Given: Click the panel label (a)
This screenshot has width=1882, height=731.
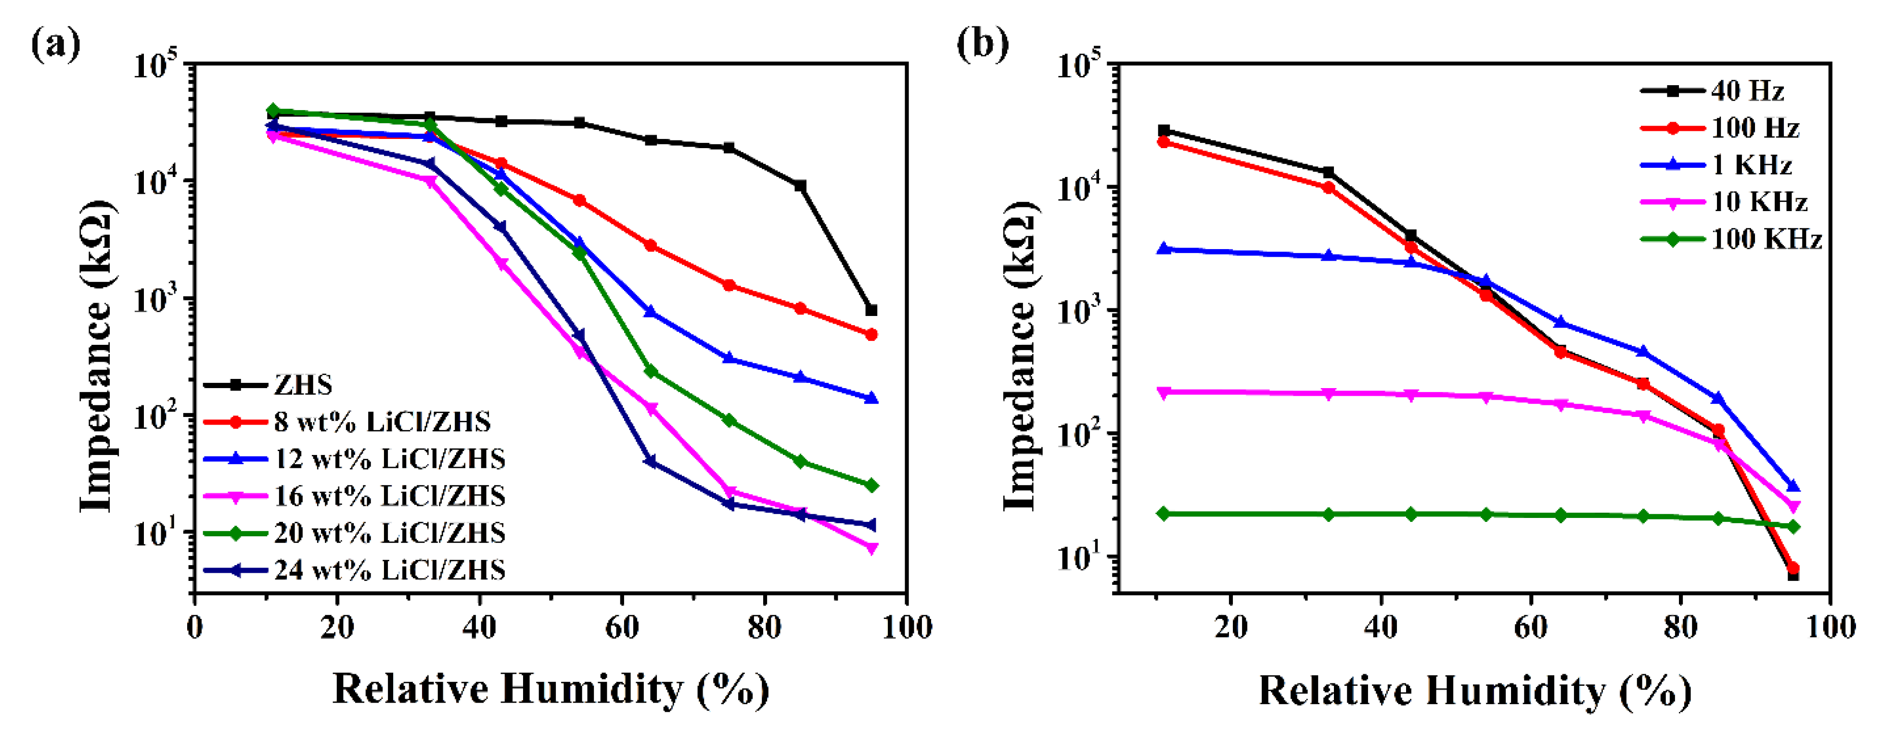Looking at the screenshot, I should click(55, 45).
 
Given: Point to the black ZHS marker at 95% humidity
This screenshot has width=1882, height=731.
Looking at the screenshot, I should click(871, 310).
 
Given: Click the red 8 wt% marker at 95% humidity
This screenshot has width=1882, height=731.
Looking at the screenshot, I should click(871, 334).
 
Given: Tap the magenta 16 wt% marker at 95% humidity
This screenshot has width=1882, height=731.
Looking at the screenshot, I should click(871, 548).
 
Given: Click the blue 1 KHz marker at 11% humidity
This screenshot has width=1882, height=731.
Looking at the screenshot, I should click(1164, 249).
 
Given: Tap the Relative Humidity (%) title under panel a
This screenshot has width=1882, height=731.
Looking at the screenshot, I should click(551, 689).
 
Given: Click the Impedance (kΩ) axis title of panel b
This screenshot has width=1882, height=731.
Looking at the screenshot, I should click(1020, 356).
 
